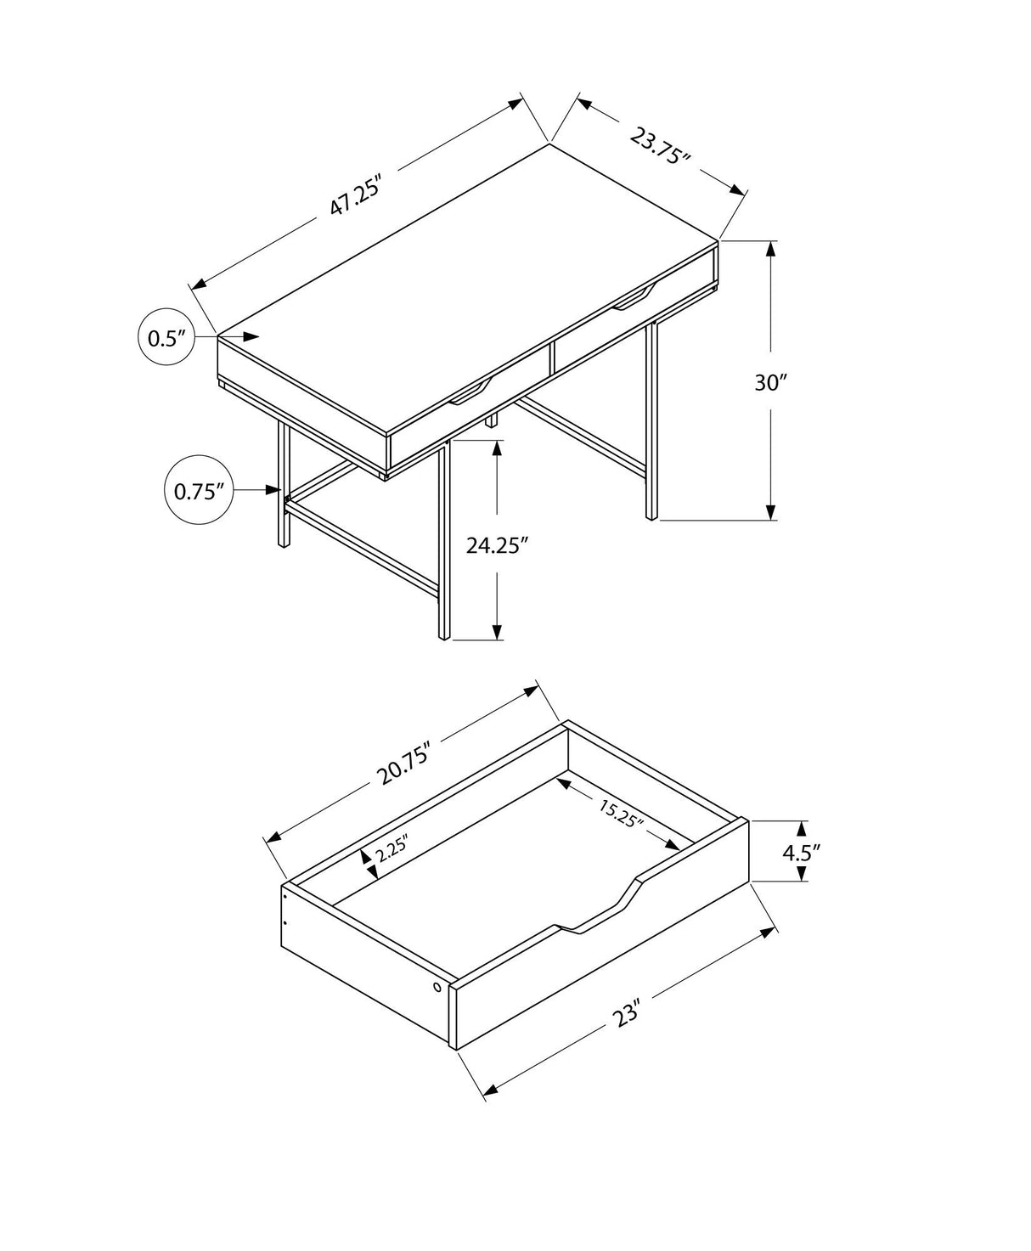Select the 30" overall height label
point(771,383)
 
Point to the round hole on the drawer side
point(437,987)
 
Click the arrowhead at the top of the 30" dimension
point(771,249)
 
